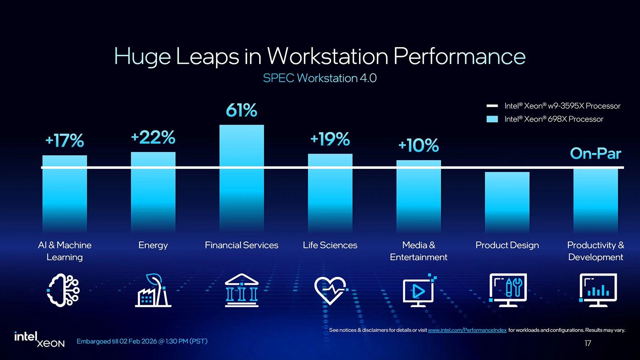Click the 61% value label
[x=241, y=110]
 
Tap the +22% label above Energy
[x=153, y=138]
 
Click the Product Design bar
[x=507, y=202]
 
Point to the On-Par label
[x=595, y=154]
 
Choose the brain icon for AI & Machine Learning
[x=64, y=290]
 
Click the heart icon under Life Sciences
[x=330, y=290]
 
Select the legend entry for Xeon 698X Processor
[x=554, y=119]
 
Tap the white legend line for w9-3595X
[x=492, y=106]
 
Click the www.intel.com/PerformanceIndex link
[x=467, y=330]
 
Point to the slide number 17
[x=588, y=343]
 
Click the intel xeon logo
[x=39, y=340]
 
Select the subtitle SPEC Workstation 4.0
[x=320, y=78]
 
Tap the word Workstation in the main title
[x=327, y=56]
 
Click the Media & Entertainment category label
[x=418, y=251]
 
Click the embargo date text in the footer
[x=142, y=342]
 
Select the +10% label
[x=418, y=146]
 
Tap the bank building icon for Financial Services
[x=241, y=290]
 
